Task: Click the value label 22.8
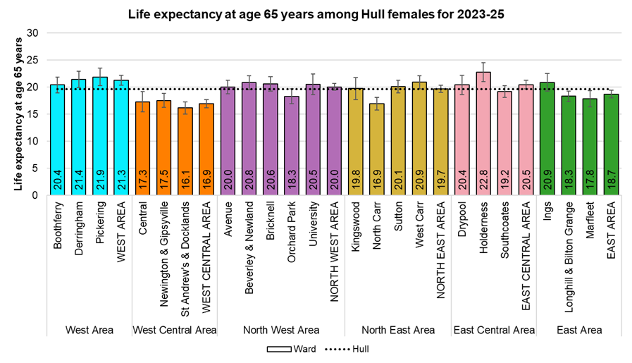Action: pyautogui.click(x=483, y=183)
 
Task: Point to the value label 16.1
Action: pyautogui.click(x=185, y=183)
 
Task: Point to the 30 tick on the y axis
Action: pyautogui.click(x=32, y=33)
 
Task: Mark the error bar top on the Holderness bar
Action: pyautogui.click(x=483, y=63)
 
